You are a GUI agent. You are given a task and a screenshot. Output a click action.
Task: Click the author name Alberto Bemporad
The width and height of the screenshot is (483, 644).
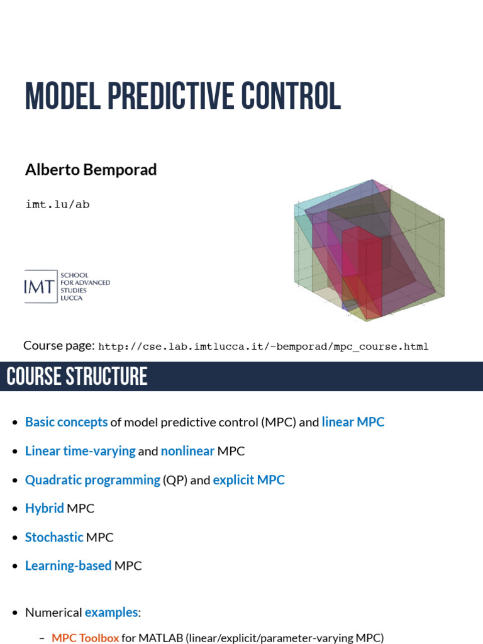[91, 170]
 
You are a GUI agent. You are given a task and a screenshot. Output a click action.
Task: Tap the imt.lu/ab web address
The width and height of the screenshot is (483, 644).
[57, 204]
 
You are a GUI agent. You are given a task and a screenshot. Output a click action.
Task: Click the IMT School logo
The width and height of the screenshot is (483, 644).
[67, 286]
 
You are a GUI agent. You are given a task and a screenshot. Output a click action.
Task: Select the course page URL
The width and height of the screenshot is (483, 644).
[264, 347]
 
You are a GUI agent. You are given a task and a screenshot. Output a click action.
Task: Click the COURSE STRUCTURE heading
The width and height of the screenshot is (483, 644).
[77, 376]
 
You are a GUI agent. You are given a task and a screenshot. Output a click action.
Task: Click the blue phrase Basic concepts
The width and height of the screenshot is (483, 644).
[66, 422]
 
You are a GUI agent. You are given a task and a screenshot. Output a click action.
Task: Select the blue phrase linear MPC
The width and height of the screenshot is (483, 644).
[353, 422]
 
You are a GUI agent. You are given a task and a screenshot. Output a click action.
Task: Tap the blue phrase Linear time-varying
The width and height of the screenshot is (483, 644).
[80, 451]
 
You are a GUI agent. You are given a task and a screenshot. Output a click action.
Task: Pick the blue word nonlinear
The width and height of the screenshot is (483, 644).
[187, 451]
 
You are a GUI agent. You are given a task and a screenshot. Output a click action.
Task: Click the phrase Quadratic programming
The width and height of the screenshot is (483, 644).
[92, 480]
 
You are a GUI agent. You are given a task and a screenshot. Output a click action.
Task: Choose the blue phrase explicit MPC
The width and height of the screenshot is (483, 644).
[248, 480]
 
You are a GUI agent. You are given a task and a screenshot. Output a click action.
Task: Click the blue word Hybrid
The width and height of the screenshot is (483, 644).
[44, 508]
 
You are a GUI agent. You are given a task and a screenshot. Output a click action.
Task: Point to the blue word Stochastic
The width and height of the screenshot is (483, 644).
[54, 537]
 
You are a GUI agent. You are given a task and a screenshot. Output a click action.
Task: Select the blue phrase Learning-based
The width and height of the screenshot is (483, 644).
[68, 565]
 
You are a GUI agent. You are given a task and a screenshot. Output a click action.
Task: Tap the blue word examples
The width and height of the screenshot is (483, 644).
[111, 612]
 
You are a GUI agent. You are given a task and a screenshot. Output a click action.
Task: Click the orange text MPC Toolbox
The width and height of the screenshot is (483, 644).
[85, 638]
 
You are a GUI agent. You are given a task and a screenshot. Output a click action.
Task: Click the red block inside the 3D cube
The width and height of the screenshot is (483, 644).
[362, 264]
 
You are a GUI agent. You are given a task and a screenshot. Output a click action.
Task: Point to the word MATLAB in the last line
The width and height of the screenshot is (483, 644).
[161, 638]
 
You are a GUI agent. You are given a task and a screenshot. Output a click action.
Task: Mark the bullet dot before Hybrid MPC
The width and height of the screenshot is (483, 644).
[15, 509]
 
